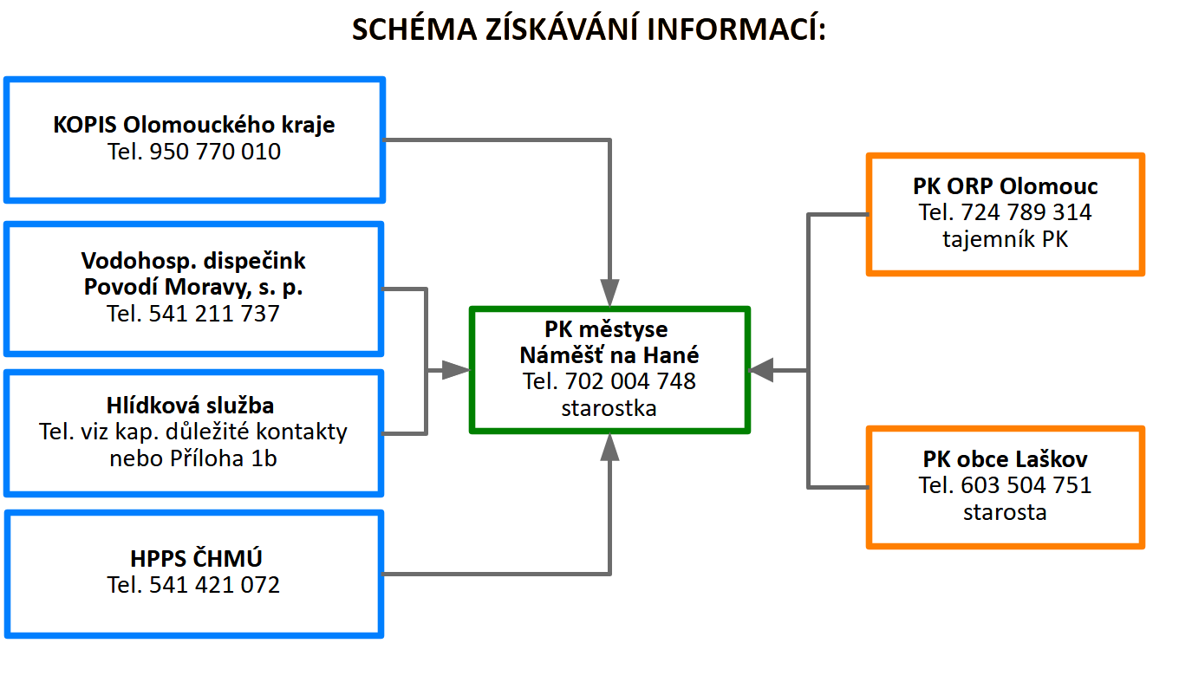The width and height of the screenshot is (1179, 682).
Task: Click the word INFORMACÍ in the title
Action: point(736,29)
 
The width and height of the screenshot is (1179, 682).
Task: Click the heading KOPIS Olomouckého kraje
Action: point(193,125)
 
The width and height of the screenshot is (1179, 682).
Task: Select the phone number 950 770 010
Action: point(215,152)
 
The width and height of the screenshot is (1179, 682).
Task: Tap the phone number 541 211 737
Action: point(213,314)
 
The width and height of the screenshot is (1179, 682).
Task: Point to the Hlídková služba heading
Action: point(190,406)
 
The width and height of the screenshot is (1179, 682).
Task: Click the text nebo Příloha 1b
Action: point(193,458)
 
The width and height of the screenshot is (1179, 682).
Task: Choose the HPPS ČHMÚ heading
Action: point(196,558)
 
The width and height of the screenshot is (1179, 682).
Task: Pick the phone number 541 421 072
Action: point(214,585)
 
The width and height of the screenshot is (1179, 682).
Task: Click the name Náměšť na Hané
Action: point(609,355)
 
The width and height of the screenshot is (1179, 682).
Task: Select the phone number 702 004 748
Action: point(630,381)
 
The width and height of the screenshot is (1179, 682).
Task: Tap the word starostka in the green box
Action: point(609,408)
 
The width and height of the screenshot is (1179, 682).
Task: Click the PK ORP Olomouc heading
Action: point(1006,186)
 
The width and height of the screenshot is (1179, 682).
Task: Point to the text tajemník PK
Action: point(1006,239)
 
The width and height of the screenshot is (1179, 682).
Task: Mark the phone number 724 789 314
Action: point(1026,212)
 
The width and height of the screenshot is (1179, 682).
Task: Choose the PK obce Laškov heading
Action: point(1006,459)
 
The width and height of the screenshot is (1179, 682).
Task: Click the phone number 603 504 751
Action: point(1026,485)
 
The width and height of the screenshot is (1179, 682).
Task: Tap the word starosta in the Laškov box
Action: point(1006,512)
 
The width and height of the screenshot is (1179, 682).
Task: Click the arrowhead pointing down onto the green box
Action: point(609,293)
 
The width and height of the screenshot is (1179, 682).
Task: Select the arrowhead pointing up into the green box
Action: point(609,447)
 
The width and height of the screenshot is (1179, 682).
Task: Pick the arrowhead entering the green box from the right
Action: point(761,371)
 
